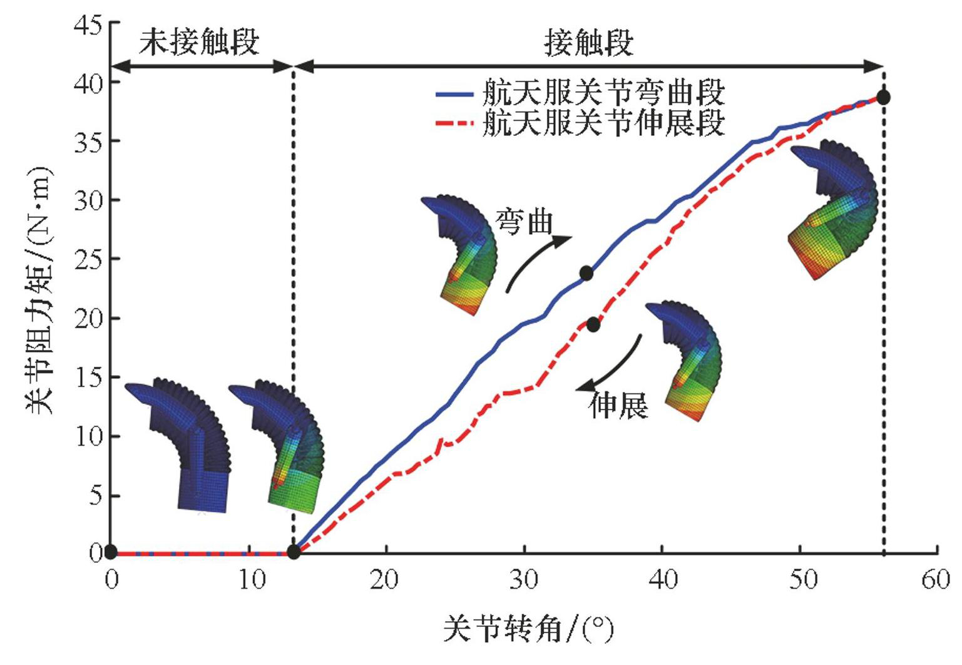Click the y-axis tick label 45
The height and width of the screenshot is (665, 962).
click(x=87, y=24)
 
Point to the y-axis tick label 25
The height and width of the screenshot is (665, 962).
click(x=87, y=259)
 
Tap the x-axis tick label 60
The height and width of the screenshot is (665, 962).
click(x=936, y=580)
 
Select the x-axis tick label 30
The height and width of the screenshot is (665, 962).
click(x=524, y=580)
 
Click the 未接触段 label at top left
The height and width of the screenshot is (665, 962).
click(x=199, y=42)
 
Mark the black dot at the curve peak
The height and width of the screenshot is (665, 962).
click(x=883, y=97)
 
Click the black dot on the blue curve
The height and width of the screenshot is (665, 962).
click(x=586, y=273)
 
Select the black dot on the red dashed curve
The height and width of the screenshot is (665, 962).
click(x=593, y=324)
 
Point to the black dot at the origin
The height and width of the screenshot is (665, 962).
click(x=111, y=552)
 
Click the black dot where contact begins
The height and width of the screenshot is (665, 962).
click(x=293, y=552)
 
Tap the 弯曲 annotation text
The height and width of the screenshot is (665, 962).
click(x=524, y=222)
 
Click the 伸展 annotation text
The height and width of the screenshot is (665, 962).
click(x=618, y=406)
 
